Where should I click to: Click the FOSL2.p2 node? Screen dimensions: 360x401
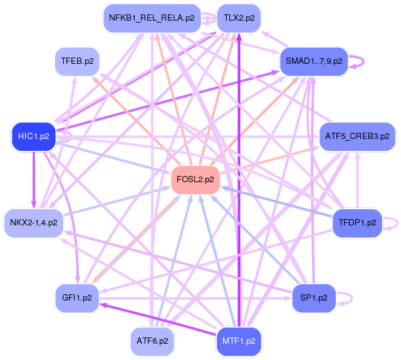click(195, 180)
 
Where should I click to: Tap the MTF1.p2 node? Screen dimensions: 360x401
click(239, 341)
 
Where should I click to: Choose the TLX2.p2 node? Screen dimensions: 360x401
click(239, 18)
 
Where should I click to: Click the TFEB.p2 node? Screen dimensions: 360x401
click(77, 61)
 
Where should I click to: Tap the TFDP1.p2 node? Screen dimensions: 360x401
click(357, 222)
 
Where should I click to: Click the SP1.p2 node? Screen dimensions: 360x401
click(314, 297)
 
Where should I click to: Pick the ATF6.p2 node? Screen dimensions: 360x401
click(152, 341)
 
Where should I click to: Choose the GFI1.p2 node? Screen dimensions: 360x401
click(77, 297)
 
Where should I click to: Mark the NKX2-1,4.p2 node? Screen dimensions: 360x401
click(34, 222)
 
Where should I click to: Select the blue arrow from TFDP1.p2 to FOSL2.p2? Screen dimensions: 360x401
click(276, 200)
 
